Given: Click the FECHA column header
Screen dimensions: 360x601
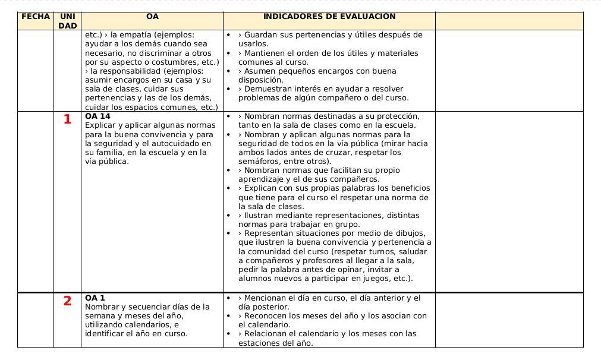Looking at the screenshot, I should click(35, 17).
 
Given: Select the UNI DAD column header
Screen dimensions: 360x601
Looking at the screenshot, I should click(67, 21).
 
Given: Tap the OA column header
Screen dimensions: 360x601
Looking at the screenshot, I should click(152, 17).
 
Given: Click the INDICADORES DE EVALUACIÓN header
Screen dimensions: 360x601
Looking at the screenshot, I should click(329, 17).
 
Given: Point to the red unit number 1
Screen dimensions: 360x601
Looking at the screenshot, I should click(67, 119).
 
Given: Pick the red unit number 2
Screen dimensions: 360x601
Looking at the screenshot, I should click(67, 301).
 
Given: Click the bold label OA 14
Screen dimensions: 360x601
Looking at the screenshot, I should click(98, 116).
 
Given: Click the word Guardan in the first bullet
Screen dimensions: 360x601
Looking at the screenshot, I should click(260, 35).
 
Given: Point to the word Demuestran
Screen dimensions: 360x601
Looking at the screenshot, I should click(267, 89).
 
